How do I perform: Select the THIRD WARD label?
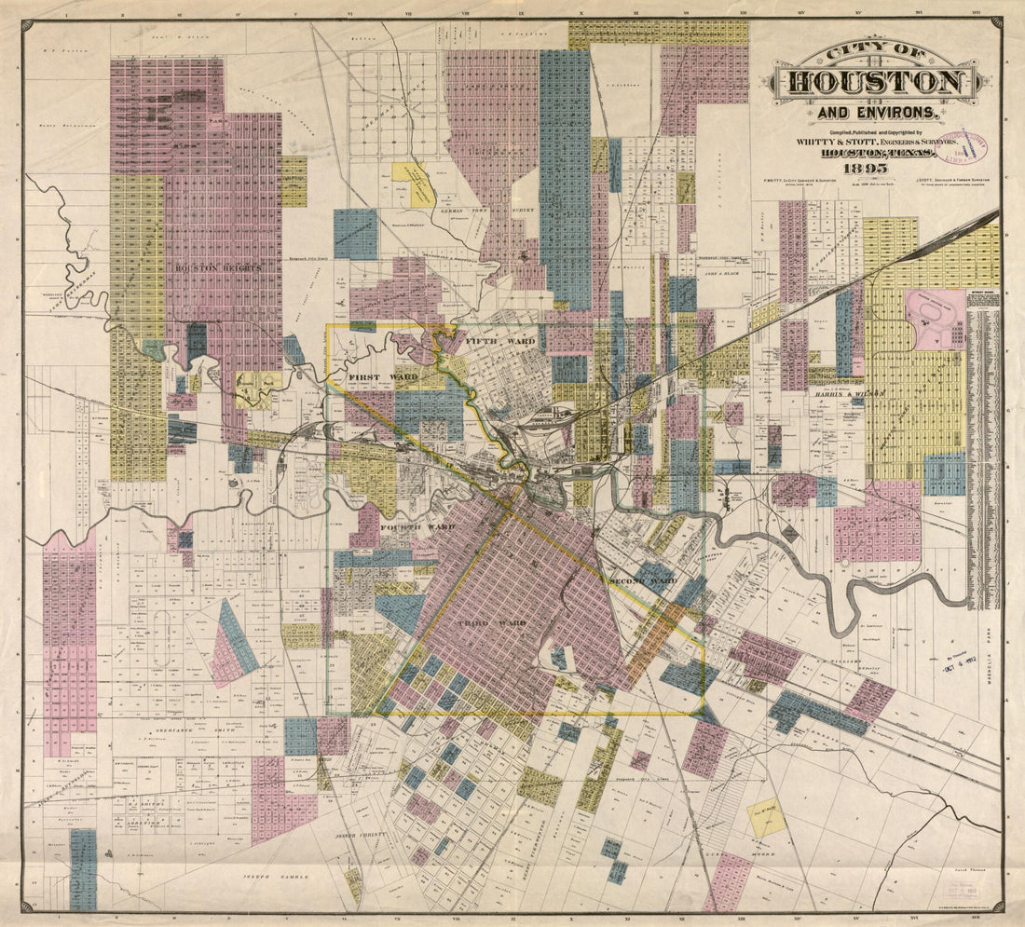(492, 621)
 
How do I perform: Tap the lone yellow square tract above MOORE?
(767, 816)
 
